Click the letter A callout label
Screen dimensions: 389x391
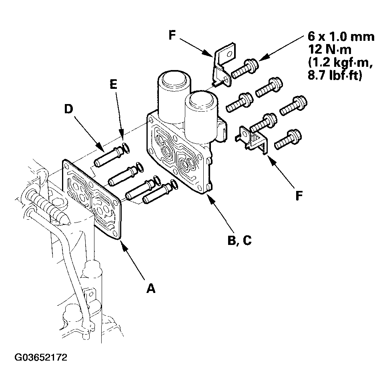tap(150, 289)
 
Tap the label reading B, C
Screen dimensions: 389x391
tap(240, 240)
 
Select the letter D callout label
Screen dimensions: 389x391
tap(68, 109)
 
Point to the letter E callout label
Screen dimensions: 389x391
tap(114, 84)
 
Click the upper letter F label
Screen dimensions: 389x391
tap(172, 35)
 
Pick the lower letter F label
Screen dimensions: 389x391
tap(299, 195)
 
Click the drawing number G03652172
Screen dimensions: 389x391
tap(41, 357)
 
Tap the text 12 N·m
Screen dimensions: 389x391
tap(330, 49)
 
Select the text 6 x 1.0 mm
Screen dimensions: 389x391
tap(341, 36)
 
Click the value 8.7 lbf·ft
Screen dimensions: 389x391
tap(335, 75)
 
